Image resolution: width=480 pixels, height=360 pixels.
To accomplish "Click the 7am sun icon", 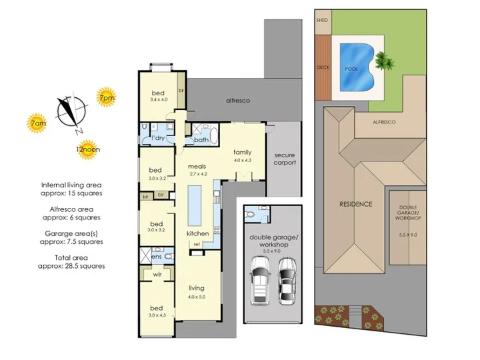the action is [x=37, y=123].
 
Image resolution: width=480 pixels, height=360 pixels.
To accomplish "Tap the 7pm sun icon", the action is [x=106, y=97].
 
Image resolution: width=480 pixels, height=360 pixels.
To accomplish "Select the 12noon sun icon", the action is [x=88, y=149].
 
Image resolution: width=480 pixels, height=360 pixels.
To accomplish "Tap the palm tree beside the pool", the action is [x=385, y=60].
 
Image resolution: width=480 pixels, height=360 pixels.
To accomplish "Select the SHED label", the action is [x=322, y=20].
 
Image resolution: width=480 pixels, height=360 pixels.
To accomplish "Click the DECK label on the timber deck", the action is [x=323, y=67].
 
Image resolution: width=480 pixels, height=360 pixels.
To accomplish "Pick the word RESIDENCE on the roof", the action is [x=356, y=204].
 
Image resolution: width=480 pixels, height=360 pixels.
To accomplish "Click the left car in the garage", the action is [x=260, y=281].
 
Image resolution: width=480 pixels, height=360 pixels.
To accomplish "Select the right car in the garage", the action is [x=287, y=281].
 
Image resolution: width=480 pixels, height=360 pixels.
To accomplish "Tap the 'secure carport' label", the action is [x=285, y=159].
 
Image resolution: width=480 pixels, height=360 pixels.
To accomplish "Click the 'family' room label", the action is [x=243, y=152].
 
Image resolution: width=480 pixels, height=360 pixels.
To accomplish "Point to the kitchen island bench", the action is [x=195, y=205].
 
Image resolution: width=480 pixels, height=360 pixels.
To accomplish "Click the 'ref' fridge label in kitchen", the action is [x=197, y=244].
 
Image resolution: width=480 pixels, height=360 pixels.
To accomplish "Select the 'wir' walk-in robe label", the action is [x=157, y=274].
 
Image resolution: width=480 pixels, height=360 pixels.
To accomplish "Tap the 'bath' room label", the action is [x=201, y=140].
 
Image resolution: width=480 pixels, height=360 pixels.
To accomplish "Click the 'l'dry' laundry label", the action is [x=158, y=138].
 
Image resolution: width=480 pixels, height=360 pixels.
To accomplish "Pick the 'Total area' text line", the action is [x=71, y=258].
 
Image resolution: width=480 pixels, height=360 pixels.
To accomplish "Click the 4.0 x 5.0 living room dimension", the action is [x=197, y=297].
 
